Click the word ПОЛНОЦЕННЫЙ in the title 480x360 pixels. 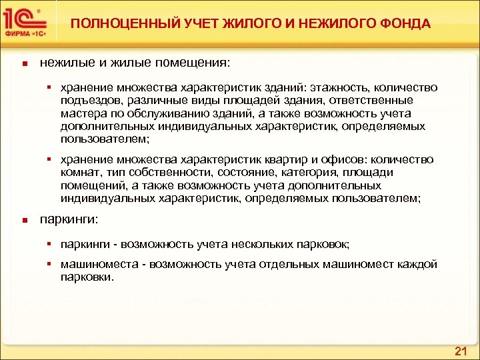(111, 23)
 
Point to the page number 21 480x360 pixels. (459, 351)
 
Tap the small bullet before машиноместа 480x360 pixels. (50, 264)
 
